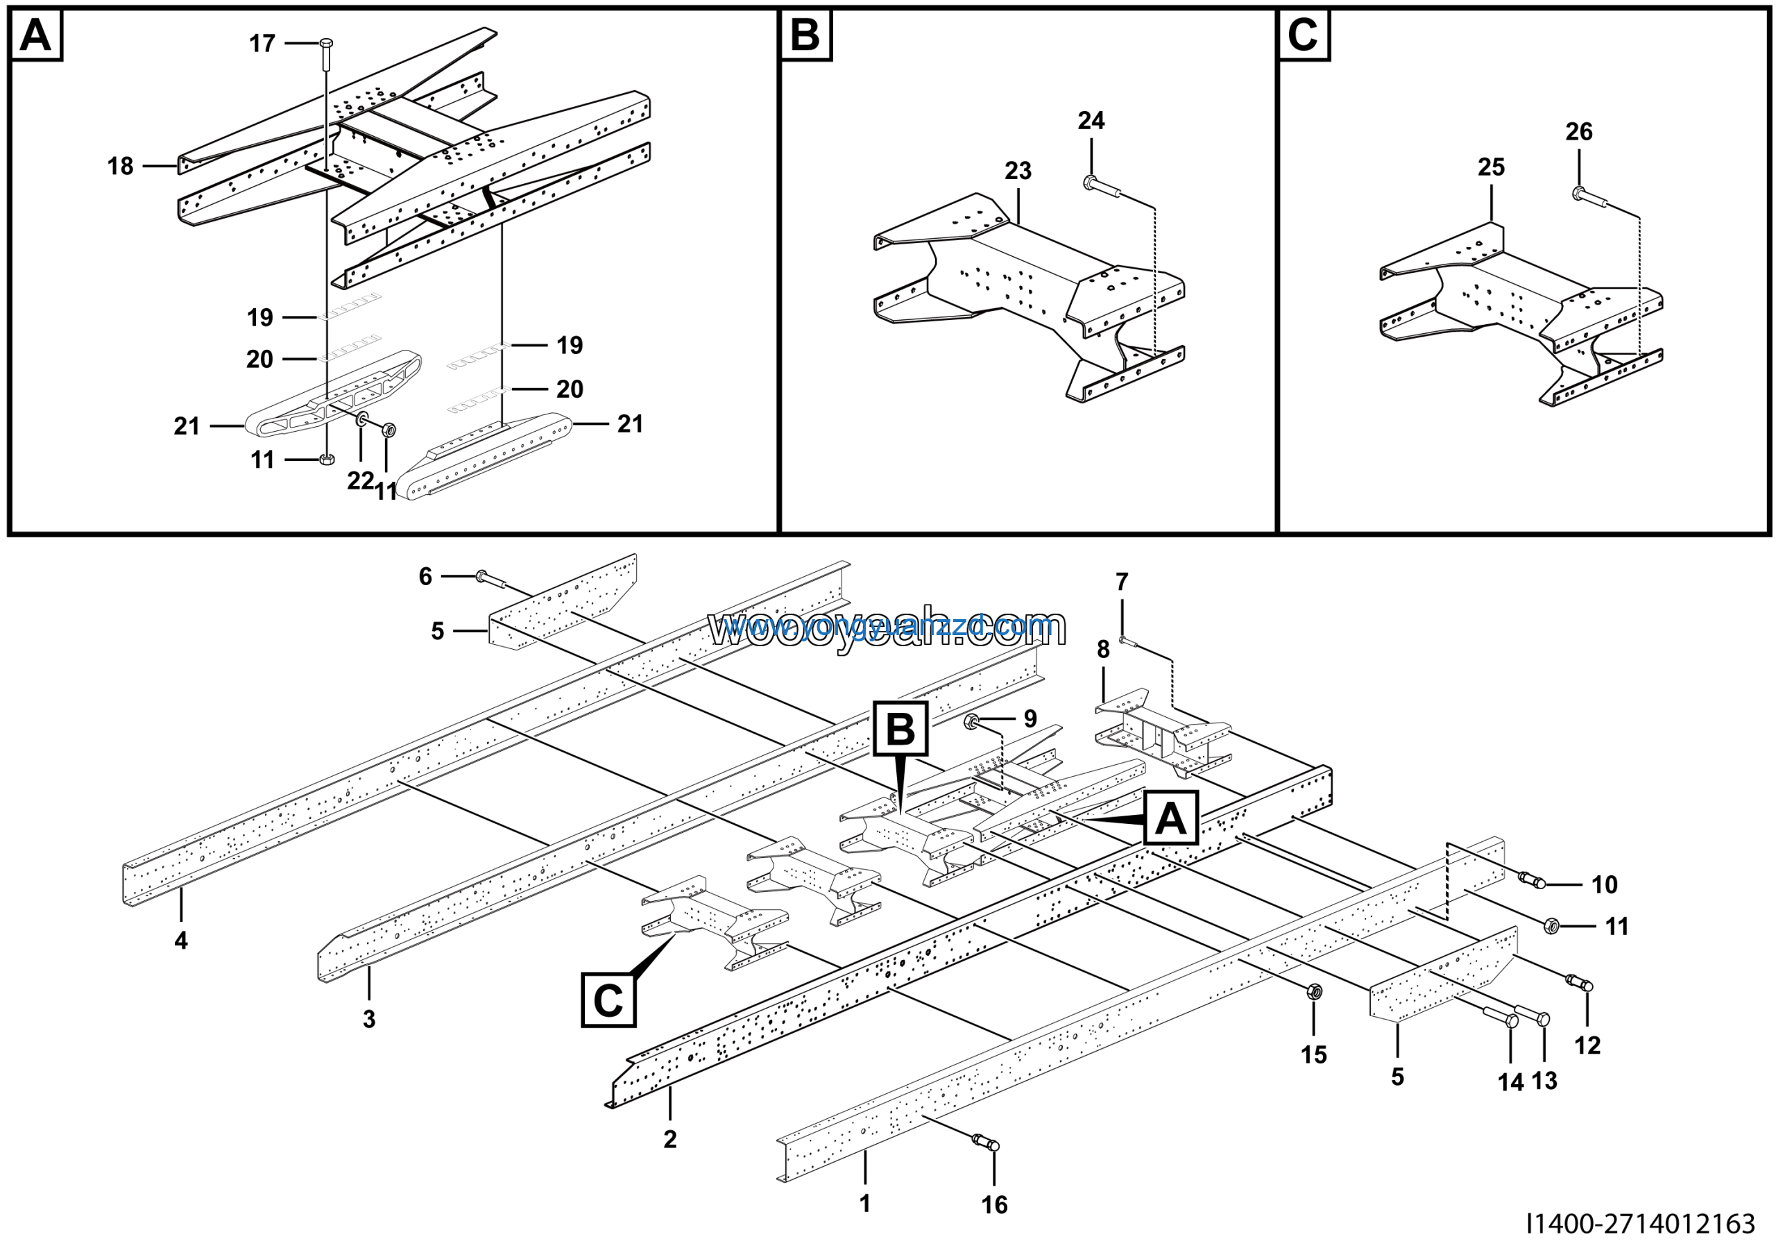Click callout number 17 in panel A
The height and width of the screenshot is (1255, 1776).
pos(262,43)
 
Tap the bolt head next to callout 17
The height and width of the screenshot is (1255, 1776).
pos(325,42)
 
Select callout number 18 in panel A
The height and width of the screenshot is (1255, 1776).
pos(120,166)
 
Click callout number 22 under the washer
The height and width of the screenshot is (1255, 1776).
pos(359,480)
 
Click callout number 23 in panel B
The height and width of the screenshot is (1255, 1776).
pos(1018,170)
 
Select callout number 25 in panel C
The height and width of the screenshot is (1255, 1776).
pos(1491,167)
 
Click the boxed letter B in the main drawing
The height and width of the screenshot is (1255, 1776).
pos(900,729)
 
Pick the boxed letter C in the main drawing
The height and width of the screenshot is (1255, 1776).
pos(608,1000)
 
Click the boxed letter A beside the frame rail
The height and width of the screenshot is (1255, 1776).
pos(1170,818)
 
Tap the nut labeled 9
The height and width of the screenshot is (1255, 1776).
pos(973,722)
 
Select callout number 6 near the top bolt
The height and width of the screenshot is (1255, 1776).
pos(425,575)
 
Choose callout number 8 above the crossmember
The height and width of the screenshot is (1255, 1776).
pos(1103,649)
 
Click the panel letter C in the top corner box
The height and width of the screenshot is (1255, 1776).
pos(1303,35)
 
